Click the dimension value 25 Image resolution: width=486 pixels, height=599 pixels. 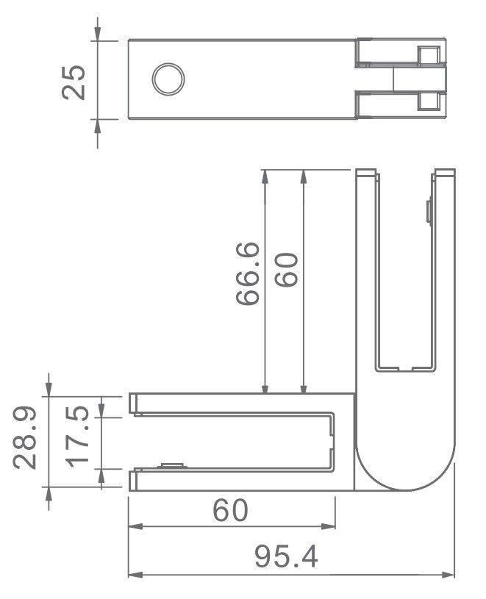coord(74,80)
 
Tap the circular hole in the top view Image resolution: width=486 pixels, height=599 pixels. coord(168,79)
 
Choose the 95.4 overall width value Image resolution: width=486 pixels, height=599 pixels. coord(287,557)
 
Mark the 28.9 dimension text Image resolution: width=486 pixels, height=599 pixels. coord(28,440)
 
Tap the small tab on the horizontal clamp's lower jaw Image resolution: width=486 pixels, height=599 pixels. coord(171,466)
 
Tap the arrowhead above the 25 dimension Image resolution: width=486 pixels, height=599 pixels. coord(98,34)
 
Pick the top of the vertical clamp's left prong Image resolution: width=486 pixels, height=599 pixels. coord(367,173)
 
